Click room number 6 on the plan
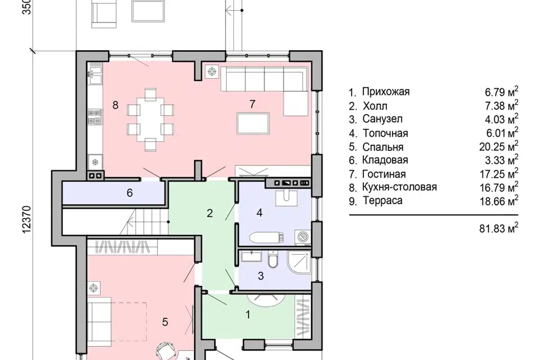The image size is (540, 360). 129,192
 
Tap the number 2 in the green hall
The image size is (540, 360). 210,213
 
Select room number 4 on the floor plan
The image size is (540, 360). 259,213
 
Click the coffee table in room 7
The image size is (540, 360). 253,123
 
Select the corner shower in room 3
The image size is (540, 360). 299,263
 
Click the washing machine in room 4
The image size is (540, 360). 303,237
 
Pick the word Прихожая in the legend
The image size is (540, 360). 386,92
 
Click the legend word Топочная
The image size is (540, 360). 385,133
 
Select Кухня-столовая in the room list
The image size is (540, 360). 399,187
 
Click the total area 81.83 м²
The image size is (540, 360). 499,228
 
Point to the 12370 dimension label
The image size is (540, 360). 27,219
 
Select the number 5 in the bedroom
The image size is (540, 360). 165,322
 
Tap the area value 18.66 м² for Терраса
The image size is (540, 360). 499,201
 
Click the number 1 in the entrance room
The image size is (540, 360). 247,314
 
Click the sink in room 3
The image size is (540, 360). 252,256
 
